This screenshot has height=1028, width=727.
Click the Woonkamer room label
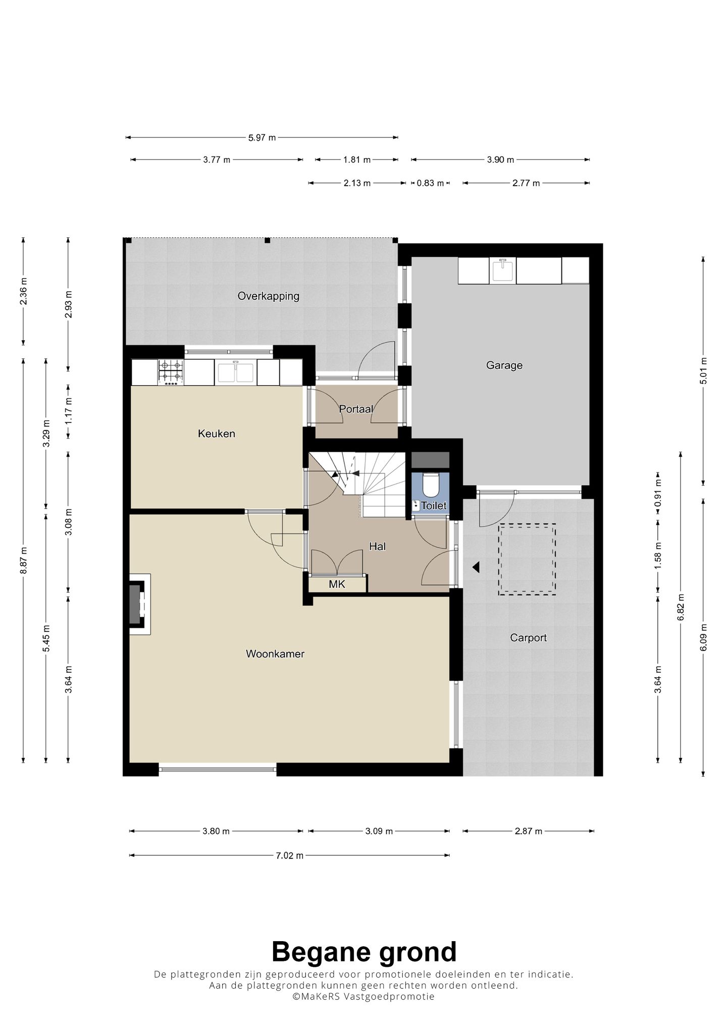[x=275, y=654]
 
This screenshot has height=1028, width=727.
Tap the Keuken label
[x=217, y=434]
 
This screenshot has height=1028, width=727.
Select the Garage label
[x=504, y=365]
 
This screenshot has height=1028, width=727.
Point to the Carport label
[x=528, y=638]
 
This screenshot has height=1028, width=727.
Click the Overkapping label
[x=269, y=296]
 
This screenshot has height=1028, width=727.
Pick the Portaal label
[x=356, y=409]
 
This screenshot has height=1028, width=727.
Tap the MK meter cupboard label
[x=337, y=584]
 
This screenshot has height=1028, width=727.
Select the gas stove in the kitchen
[x=171, y=372]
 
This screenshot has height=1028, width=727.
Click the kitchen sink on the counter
[x=236, y=372]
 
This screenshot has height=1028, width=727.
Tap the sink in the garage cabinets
[x=502, y=270]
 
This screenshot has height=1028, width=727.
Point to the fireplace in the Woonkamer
[x=140, y=604]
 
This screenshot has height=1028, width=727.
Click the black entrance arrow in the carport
[x=476, y=568]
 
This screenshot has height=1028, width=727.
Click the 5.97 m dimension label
[x=262, y=137]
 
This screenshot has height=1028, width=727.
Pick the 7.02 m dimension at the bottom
[x=289, y=855]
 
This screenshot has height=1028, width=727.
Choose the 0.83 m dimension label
[x=430, y=183]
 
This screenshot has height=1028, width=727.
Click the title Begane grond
[x=364, y=952]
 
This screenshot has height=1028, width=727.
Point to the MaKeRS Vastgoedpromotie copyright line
[x=363, y=997]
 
